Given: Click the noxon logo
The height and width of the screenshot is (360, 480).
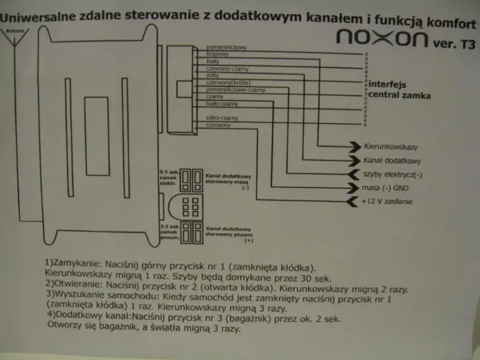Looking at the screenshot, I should (x=382, y=39).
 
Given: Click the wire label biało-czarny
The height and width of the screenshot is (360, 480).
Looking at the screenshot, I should (x=222, y=104).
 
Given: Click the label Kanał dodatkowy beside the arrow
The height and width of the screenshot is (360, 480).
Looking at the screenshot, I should (x=392, y=161).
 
